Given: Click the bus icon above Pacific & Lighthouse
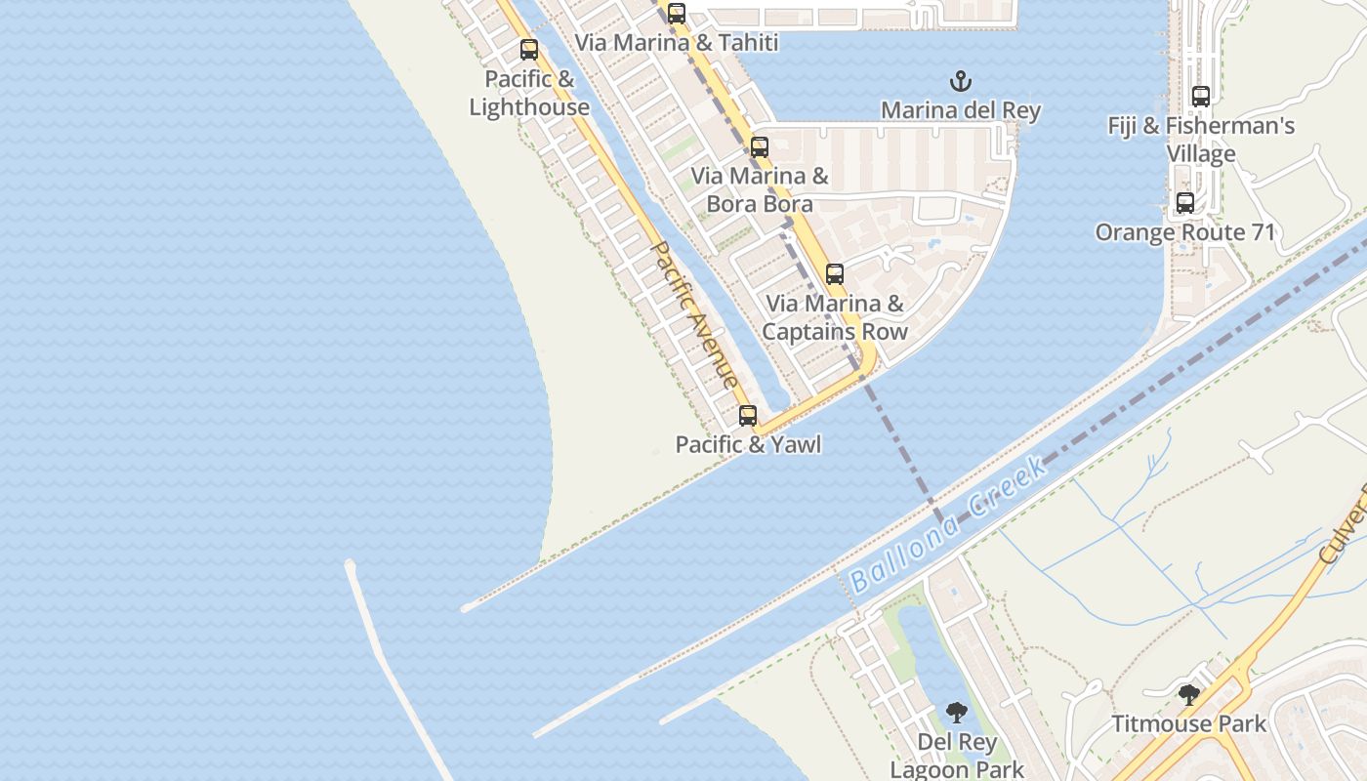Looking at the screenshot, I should point(529,50).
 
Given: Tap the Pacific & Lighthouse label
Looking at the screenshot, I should point(529,94).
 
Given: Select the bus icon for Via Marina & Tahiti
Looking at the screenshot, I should point(677,14).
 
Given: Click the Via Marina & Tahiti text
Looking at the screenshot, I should point(676,43).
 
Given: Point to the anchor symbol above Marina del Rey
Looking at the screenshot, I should point(962,80).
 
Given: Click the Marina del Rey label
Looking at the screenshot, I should point(961,110).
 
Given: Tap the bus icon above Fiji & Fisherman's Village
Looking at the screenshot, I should point(1201,97).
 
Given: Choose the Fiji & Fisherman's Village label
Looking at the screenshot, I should point(1201,140).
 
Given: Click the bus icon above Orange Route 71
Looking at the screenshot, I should point(1185,203).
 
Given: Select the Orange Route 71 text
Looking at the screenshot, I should point(1185,232).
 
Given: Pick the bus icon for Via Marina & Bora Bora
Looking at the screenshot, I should point(760,147).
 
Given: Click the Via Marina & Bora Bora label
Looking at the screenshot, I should point(760,190).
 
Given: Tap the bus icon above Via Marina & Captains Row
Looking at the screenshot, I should point(835,274).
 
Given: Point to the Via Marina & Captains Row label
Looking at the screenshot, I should point(835,317).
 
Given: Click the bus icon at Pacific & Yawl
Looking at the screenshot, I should point(748,416).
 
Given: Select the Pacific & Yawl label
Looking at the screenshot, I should point(748,445).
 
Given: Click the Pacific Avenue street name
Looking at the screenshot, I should point(694,315).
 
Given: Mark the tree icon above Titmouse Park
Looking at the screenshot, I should point(1189,695).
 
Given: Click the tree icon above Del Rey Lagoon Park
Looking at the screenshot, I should point(957,713).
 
